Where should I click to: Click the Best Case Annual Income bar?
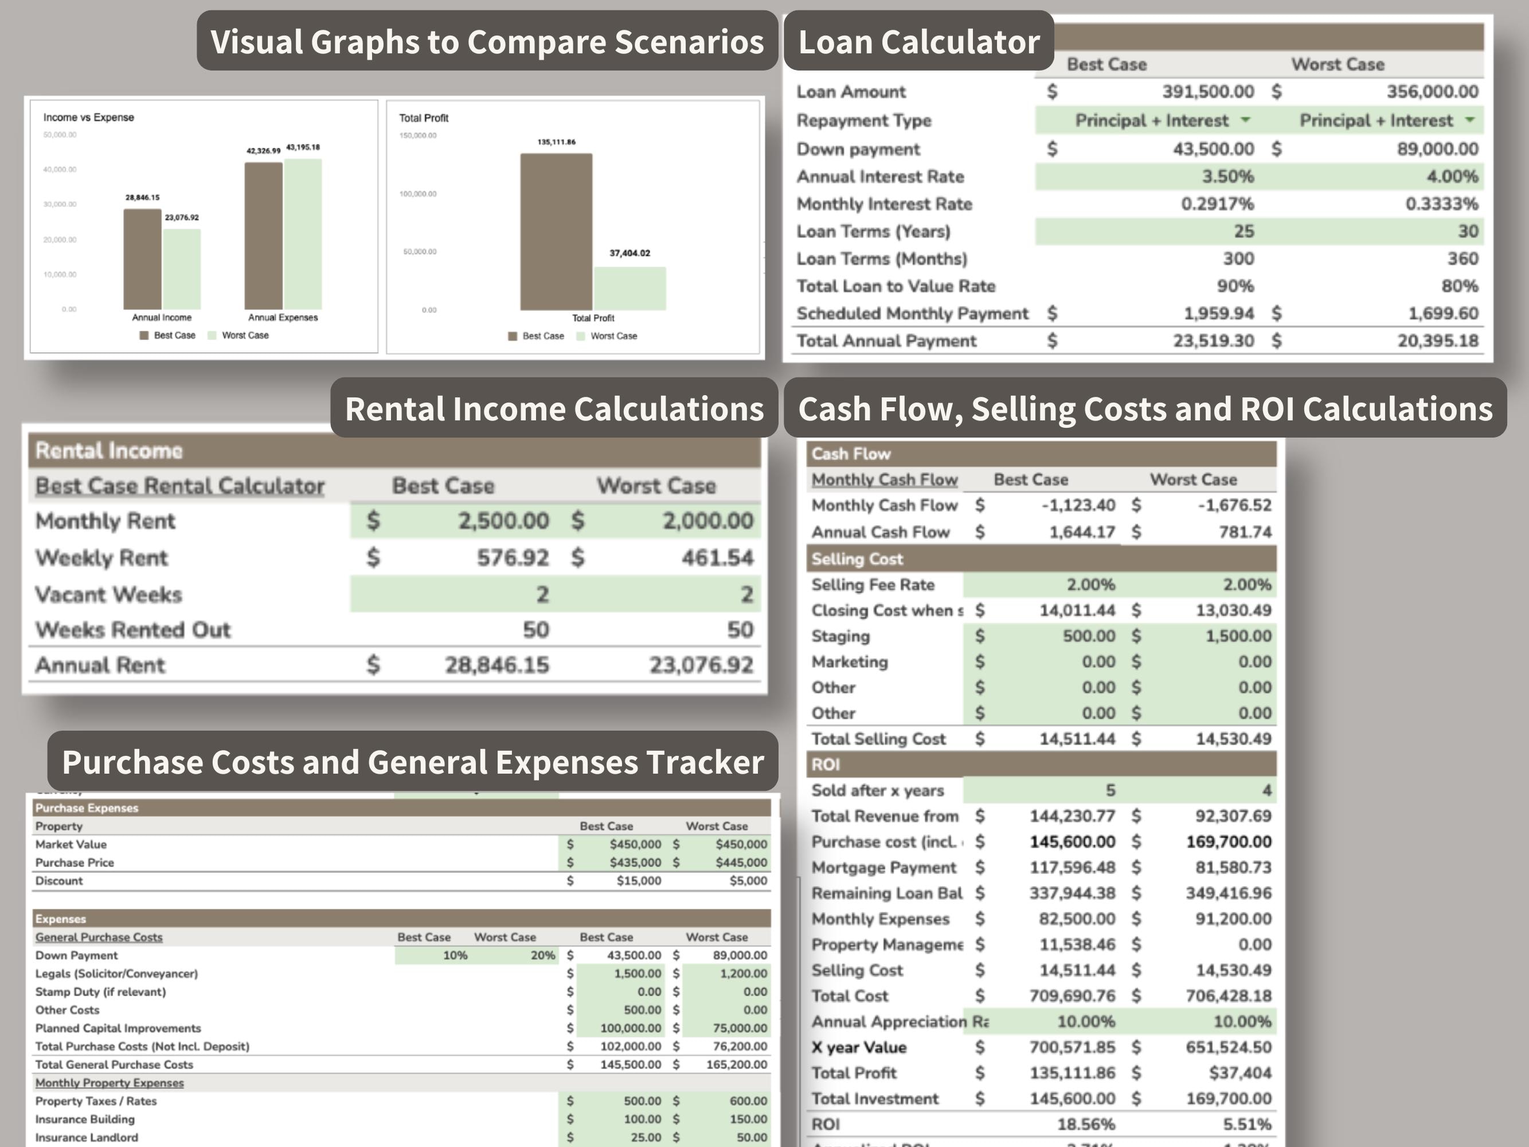click(x=142, y=259)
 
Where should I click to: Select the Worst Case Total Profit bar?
click(x=629, y=288)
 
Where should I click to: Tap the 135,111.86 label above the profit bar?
click(x=557, y=142)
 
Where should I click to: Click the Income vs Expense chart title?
click(x=88, y=118)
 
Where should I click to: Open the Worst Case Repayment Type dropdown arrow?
click(x=1469, y=120)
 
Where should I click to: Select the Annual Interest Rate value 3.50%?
click(x=1227, y=176)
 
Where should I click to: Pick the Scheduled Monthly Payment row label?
click(x=912, y=313)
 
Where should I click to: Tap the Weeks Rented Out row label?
click(x=132, y=630)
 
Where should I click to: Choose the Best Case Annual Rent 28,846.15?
click(x=496, y=665)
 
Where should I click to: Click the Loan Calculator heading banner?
click(x=918, y=41)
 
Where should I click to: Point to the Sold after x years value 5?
click(x=1110, y=790)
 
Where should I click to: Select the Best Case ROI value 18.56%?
click(x=1086, y=1124)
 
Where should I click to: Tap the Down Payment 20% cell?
click(x=542, y=955)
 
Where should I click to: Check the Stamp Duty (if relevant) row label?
click(x=101, y=992)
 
